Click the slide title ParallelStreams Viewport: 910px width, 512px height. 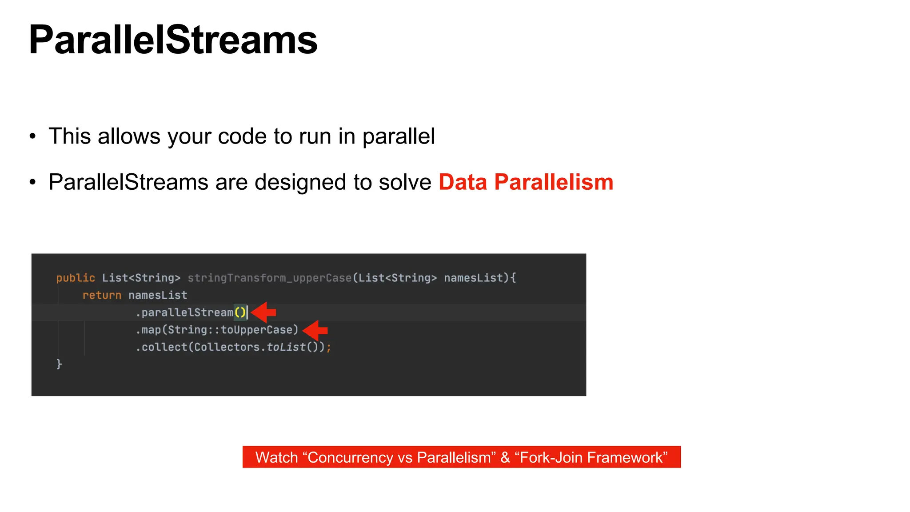173,40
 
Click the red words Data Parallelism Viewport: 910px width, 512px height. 526,182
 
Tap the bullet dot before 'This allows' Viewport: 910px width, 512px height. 32,136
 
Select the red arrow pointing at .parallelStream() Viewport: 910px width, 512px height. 264,312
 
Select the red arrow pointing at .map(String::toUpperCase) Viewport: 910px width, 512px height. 315,330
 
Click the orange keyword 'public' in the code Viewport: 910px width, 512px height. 75,278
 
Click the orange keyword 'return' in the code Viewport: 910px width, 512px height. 102,296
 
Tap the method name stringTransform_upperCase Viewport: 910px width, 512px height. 269,278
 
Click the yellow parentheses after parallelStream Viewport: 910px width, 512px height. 240,312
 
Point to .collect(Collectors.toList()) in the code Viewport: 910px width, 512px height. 232,347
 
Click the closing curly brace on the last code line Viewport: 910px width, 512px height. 59,364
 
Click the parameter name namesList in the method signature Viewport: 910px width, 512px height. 473,278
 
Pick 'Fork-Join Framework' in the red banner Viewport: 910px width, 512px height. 593,457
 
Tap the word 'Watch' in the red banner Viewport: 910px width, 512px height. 276,457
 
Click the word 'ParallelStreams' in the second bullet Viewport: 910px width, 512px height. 128,182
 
